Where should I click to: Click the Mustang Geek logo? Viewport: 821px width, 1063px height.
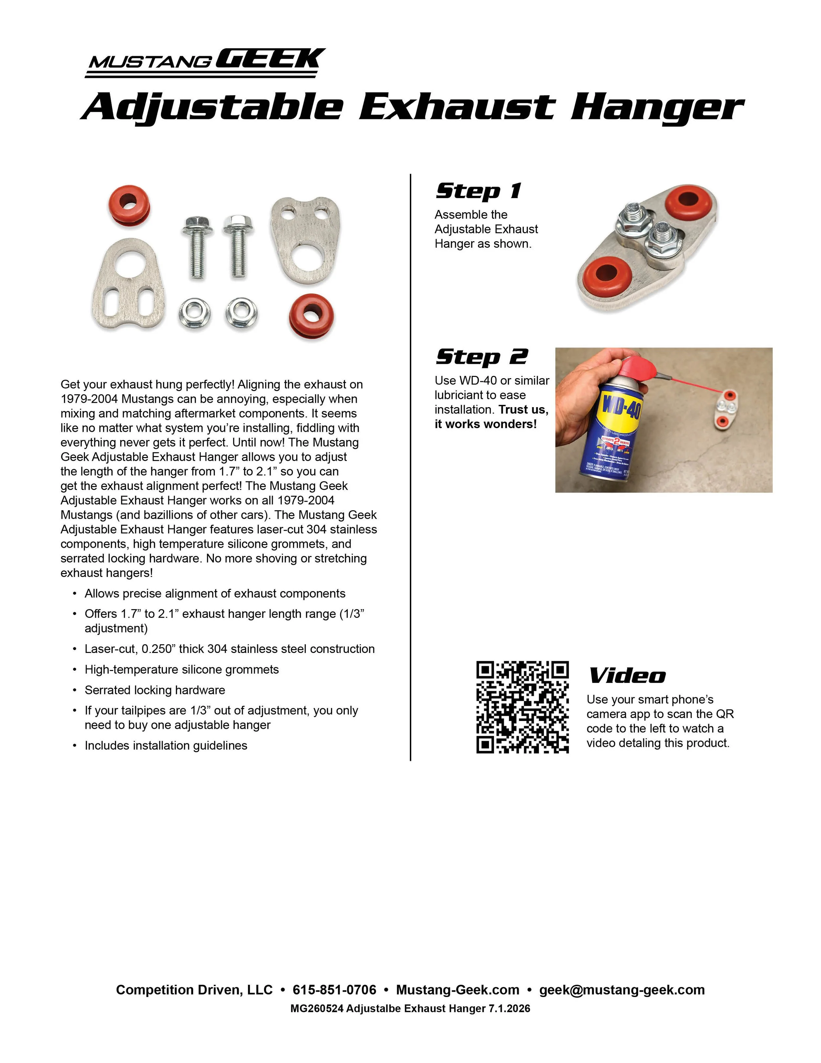pos(205,62)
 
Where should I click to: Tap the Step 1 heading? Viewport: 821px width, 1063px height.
pos(478,191)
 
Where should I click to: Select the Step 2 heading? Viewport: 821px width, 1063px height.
pos(481,357)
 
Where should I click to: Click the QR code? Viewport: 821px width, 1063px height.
pos(522,707)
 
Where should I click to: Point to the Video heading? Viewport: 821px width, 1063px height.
pos(627,676)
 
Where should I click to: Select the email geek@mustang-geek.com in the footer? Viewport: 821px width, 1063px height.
pos(622,990)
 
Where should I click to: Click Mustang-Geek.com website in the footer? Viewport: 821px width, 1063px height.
pos(458,990)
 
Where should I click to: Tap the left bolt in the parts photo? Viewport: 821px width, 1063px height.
pos(197,246)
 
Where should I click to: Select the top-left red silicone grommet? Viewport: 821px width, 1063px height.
pos(129,205)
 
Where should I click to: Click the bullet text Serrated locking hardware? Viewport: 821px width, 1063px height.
pos(155,690)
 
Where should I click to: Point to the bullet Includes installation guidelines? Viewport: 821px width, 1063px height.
pos(166,746)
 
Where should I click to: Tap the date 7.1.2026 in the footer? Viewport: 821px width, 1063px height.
pos(509,1008)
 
